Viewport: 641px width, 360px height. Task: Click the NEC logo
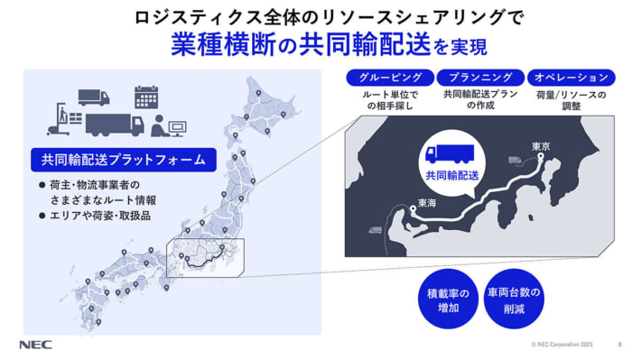(x=34, y=345)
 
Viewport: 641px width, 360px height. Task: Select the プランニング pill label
(x=479, y=78)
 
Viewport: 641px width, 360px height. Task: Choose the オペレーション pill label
(x=570, y=78)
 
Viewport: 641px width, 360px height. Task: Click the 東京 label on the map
(x=541, y=146)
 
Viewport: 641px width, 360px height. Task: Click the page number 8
(x=619, y=345)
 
